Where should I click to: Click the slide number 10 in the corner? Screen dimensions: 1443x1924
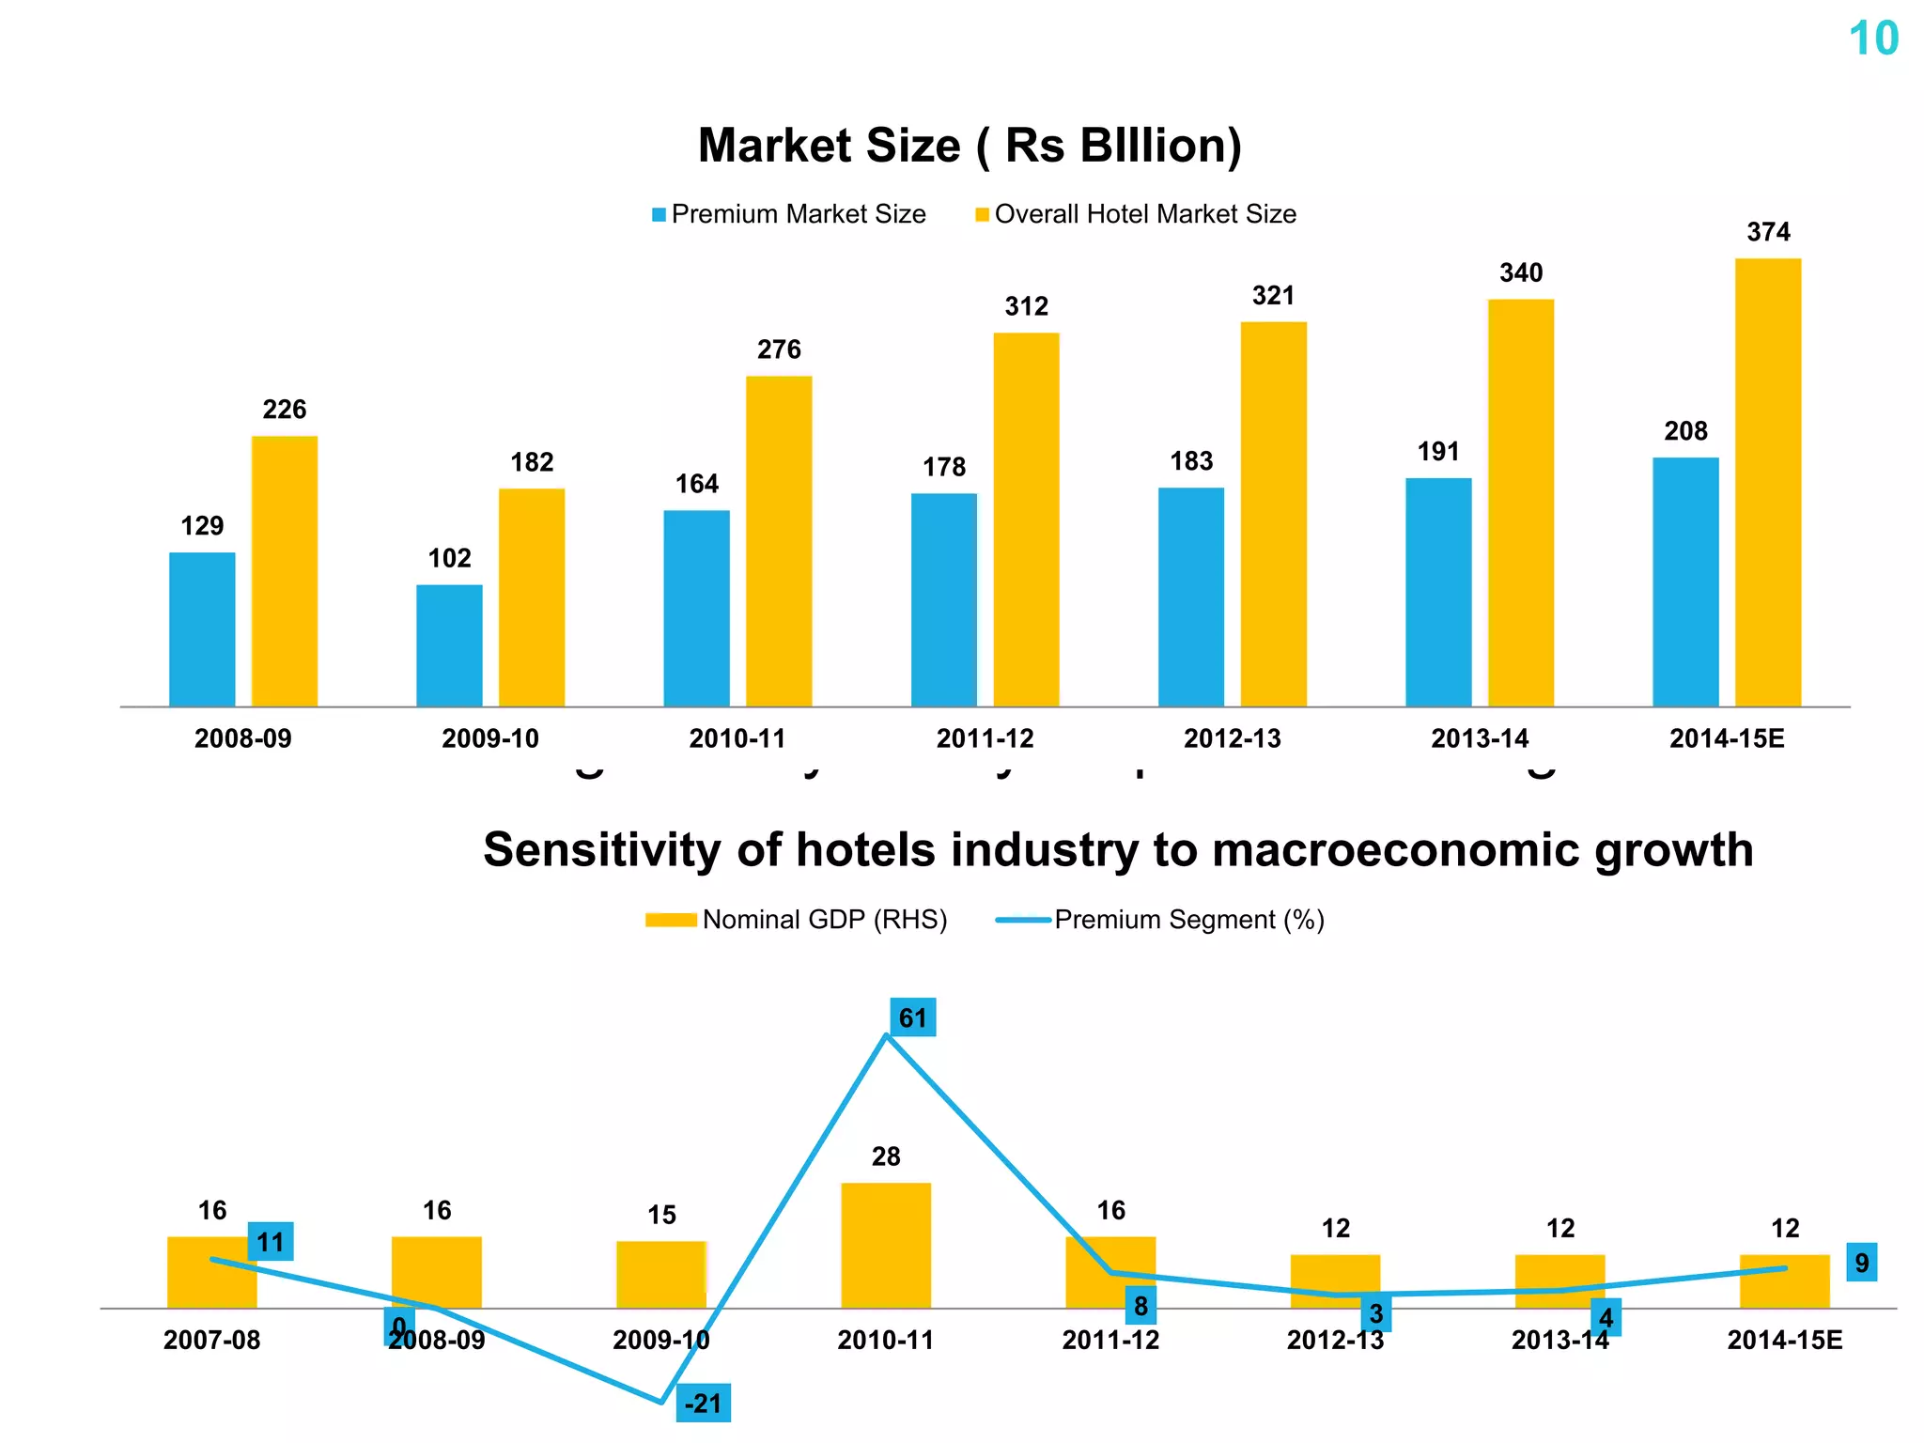pyautogui.click(x=1873, y=39)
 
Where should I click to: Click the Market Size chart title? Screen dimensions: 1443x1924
pyautogui.click(x=970, y=146)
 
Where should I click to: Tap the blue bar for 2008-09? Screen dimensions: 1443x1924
pyautogui.click(x=202, y=629)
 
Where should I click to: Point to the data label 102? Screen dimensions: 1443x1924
pyautogui.click(x=449, y=558)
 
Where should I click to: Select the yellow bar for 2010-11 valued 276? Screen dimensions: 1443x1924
pyautogui.click(x=779, y=541)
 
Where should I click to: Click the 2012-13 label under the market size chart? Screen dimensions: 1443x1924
pyautogui.click(x=1232, y=738)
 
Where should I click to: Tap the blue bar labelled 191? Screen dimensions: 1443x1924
pyautogui.click(x=1438, y=592)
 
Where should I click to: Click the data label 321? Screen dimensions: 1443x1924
pyautogui.click(x=1273, y=296)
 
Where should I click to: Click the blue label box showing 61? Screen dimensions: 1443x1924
pyautogui.click(x=912, y=1017)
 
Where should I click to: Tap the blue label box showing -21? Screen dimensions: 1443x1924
pyautogui.click(x=703, y=1404)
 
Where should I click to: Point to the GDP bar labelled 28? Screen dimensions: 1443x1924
pyautogui.click(x=885, y=1245)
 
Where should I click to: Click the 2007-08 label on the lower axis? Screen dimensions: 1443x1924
pyautogui.click(x=211, y=1340)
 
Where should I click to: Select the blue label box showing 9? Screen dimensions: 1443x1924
pyautogui.click(x=1861, y=1263)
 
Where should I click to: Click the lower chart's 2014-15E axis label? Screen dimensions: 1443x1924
pyautogui.click(x=1784, y=1340)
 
